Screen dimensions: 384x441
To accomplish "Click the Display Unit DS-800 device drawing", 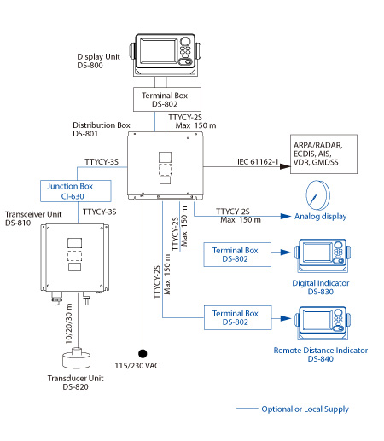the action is click(x=165, y=55).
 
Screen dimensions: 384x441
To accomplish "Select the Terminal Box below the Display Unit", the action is click(x=167, y=99).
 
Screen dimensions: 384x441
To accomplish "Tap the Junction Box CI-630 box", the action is click(x=76, y=191).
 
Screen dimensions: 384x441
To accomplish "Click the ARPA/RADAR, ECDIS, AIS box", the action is click(x=323, y=154).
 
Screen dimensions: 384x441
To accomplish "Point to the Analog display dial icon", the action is click(x=317, y=195).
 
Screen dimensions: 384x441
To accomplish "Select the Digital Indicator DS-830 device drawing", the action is click(x=323, y=256).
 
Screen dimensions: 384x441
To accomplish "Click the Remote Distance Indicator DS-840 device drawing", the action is click(x=323, y=323).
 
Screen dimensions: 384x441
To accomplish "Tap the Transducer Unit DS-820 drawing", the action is click(x=77, y=357).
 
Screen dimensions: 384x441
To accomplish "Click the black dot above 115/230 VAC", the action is click(x=143, y=353).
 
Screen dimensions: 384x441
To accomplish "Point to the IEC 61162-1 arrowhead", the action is click(x=285, y=166).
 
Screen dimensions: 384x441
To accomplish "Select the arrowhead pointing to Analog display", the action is click(x=286, y=217).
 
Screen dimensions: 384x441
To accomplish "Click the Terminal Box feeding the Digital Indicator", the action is click(x=237, y=254).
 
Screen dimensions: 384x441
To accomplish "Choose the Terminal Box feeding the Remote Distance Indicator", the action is click(x=238, y=317).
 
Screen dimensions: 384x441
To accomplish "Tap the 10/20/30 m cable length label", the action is click(x=69, y=323).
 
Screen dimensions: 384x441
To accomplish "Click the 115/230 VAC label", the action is click(x=137, y=366).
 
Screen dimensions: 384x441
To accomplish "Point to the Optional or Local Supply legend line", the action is click(x=247, y=409).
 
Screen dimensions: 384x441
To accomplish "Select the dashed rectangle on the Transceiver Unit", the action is click(x=75, y=256).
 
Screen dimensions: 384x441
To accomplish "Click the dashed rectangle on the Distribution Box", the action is click(x=165, y=170).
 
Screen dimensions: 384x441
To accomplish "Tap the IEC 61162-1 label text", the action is click(x=258, y=162).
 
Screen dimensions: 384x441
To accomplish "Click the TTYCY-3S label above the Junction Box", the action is click(x=102, y=162).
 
